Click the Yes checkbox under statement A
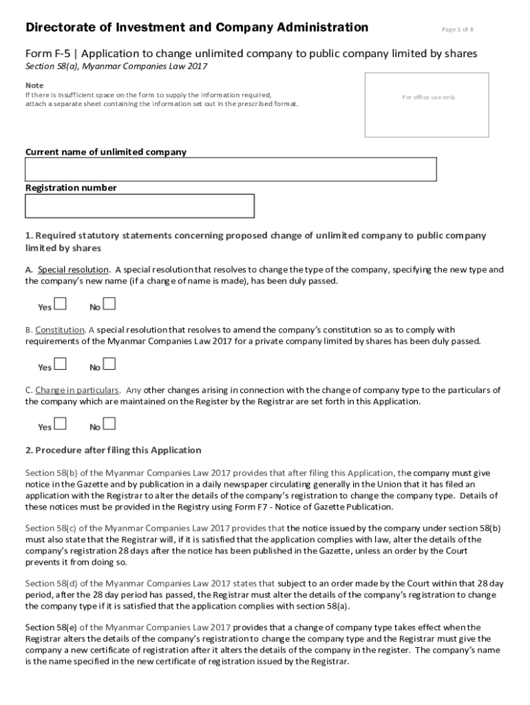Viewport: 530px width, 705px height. click(x=61, y=304)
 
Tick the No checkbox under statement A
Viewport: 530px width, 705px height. click(x=109, y=304)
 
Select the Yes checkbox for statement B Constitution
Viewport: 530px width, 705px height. click(x=61, y=364)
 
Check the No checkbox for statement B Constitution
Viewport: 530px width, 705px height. click(x=109, y=364)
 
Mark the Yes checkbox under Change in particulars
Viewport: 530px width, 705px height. click(x=61, y=423)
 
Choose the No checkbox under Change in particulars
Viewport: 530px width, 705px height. click(x=109, y=423)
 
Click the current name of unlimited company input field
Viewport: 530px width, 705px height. click(x=231, y=169)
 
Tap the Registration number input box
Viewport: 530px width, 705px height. click(x=140, y=206)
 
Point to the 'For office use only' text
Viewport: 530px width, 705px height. click(x=428, y=97)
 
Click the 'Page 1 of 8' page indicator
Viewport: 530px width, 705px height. click(x=457, y=30)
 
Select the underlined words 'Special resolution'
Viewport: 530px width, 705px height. click(x=73, y=270)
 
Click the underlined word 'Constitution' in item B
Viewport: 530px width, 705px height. click(x=60, y=330)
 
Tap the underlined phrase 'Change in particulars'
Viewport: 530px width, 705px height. click(x=77, y=390)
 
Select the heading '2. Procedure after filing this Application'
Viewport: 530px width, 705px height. click(x=114, y=450)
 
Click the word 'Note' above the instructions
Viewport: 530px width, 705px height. click(x=34, y=85)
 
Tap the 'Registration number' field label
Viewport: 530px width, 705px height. click(x=71, y=188)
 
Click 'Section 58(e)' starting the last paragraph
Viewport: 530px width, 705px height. click(x=52, y=627)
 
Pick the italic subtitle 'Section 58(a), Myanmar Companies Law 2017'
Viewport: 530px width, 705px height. click(x=116, y=66)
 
